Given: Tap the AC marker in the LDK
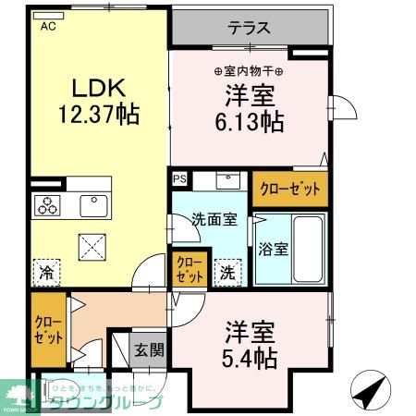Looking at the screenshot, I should coord(47,27).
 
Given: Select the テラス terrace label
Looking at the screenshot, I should coord(250,28).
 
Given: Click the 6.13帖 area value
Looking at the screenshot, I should coord(250,120).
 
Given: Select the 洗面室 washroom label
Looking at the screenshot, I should coord(214,220).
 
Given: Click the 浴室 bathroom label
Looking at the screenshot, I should coord(273,249).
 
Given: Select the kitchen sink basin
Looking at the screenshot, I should coord(94,204).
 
